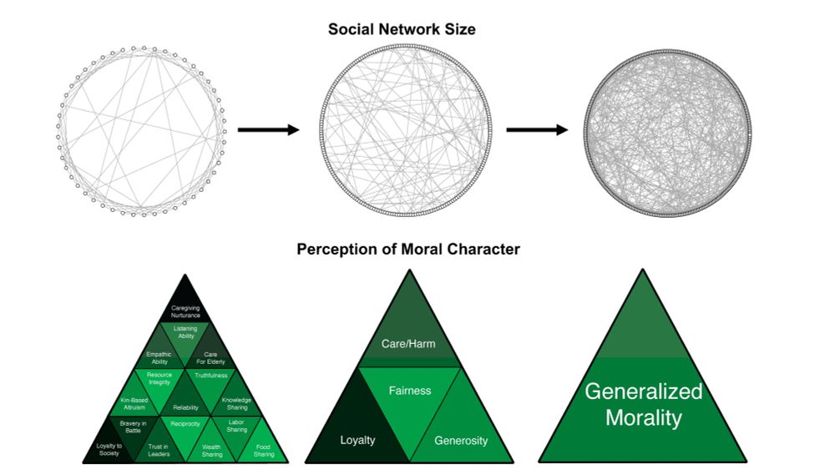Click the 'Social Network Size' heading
tap(402, 29)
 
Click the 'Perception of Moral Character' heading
tap(408, 249)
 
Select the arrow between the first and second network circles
tap(268, 129)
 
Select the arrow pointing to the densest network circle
tap(537, 129)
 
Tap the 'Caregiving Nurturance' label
tap(185, 311)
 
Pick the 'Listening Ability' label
tap(185, 332)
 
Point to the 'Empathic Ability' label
tap(159, 358)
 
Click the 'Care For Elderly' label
tap(210, 358)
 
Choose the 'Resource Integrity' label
tap(159, 378)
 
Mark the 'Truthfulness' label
tap(211, 376)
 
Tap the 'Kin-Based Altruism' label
tap(133, 403)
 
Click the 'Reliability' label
tap(185, 407)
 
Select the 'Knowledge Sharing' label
tap(236, 403)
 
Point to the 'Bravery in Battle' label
tap(134, 427)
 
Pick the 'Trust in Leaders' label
tap(159, 451)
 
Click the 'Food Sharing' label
tap(263, 451)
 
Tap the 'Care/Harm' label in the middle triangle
tap(408, 344)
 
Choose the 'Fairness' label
tap(409, 390)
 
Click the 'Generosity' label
tap(461, 440)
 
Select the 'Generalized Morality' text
tap(643, 404)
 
